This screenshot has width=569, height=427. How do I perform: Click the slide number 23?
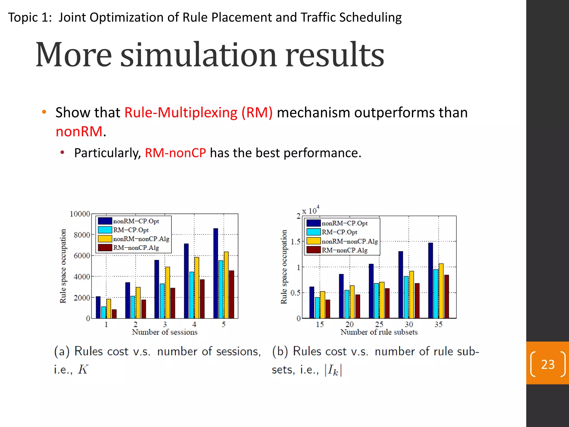click(548, 364)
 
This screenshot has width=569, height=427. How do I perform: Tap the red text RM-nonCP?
click(175, 153)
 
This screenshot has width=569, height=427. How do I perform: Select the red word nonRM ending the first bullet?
click(79, 131)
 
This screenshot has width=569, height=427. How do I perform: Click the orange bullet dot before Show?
click(44, 112)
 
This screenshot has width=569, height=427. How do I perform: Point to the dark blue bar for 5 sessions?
click(216, 273)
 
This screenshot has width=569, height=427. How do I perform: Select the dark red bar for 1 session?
click(114, 314)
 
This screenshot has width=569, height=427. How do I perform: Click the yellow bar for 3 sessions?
click(168, 292)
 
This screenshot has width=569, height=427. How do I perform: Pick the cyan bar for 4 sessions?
click(192, 295)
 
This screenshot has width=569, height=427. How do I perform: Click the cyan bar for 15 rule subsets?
click(317, 307)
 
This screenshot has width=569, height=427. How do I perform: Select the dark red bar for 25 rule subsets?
click(387, 303)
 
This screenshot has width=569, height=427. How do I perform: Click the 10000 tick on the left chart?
click(80, 214)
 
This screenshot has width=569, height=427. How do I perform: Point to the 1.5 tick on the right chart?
click(296, 242)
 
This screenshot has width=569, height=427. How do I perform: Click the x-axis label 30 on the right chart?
click(409, 324)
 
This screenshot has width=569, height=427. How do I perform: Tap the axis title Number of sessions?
click(164, 332)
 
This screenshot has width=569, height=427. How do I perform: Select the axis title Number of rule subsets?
click(379, 332)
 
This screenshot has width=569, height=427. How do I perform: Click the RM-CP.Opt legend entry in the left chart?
click(131, 230)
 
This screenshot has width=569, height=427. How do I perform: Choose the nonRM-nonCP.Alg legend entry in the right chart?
click(350, 241)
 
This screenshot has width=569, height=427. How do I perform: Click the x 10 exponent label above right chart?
click(311, 210)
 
